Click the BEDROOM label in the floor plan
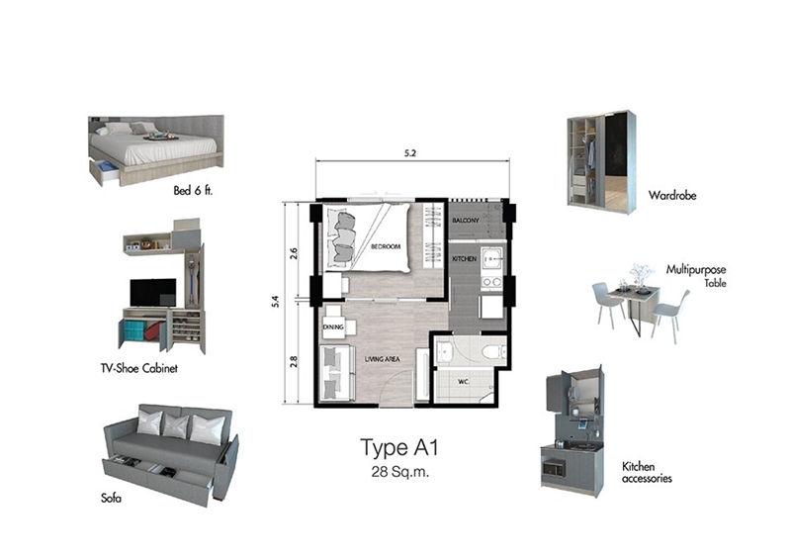click(x=386, y=247)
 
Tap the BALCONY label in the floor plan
click(x=466, y=221)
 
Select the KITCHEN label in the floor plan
click(x=464, y=258)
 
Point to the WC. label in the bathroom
click(x=464, y=382)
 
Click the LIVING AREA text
click(x=383, y=359)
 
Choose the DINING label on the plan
click(x=333, y=327)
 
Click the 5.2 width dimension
click(x=410, y=153)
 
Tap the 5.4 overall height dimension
click(x=276, y=302)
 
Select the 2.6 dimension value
click(x=294, y=253)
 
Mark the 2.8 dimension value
click(x=294, y=361)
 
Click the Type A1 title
click(x=399, y=448)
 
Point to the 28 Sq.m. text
click(x=400, y=472)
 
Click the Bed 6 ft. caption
click(x=193, y=190)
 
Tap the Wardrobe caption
click(x=672, y=195)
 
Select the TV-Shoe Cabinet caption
click(x=139, y=368)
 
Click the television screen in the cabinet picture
click(x=153, y=293)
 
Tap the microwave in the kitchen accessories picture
click(x=554, y=468)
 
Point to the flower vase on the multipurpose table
click(x=641, y=275)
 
